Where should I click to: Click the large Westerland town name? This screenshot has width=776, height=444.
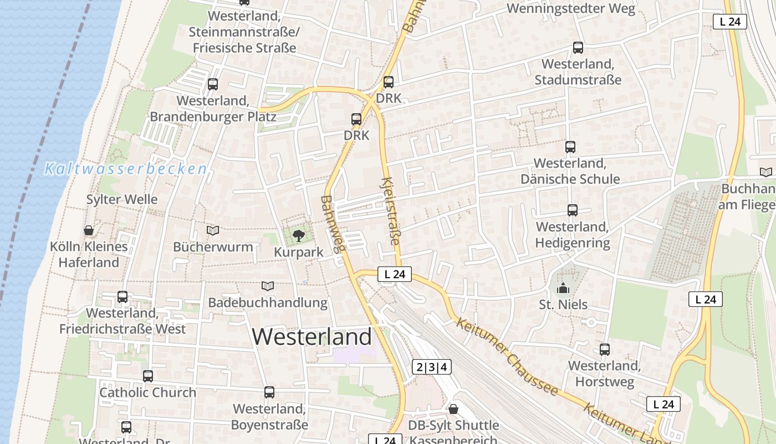pos(312,337)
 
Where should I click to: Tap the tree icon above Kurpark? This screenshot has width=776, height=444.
pos(299,235)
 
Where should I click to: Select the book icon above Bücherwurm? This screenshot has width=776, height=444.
pos(213,230)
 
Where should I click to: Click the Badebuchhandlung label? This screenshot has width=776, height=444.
pos(268,303)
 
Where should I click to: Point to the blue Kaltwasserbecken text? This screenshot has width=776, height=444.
pos(126,169)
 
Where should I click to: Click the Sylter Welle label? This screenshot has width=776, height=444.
pos(122,199)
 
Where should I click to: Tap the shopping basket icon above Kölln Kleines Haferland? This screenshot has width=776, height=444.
pos(89,230)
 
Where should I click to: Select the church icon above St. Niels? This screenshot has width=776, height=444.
pos(563,288)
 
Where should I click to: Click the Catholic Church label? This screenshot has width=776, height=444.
pos(147,392)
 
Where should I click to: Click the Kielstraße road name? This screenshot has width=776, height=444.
pos(391,211)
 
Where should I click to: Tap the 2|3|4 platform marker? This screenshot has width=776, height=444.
pos(432,367)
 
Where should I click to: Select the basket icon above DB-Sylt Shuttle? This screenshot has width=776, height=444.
pos(453,409)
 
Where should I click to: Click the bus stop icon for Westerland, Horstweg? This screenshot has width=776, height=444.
pos(605,350)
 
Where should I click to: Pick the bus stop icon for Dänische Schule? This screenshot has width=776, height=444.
pos(570,147)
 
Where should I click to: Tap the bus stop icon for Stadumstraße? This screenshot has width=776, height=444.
pos(578,48)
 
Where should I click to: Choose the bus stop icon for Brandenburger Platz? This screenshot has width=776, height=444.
pos(213,84)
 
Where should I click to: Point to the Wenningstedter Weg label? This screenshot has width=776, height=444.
pos(571,8)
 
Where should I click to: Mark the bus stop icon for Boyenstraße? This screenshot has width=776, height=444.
pos(269,392)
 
